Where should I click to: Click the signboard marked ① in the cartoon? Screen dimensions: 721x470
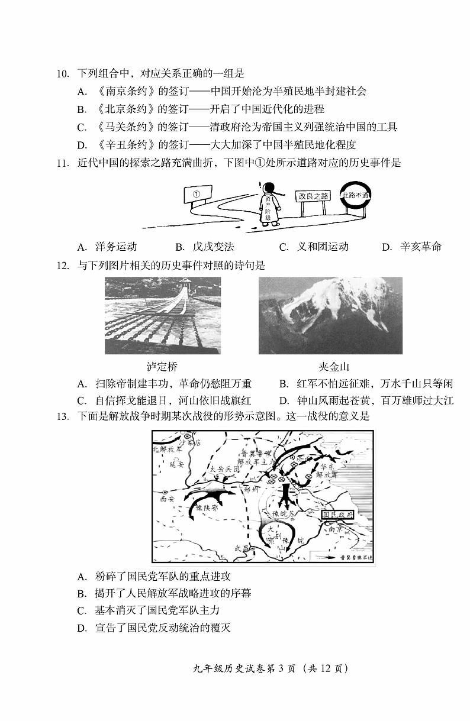[198, 194]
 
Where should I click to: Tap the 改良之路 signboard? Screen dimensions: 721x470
[313, 196]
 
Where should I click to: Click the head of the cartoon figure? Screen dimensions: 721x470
[269, 189]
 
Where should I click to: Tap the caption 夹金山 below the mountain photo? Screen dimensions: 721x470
[330, 367]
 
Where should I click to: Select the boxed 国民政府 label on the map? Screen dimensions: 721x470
[338, 515]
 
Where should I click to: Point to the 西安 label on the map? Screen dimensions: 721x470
[168, 499]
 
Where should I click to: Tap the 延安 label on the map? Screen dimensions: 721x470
[178, 465]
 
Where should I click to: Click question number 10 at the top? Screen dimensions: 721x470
[63, 74]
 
